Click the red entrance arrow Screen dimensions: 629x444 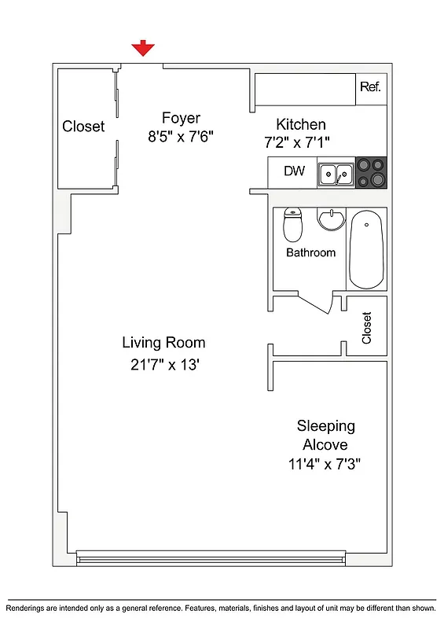coord(142,50)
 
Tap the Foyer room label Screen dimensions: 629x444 coord(181,118)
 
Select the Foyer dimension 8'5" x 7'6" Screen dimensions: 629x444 coord(181,136)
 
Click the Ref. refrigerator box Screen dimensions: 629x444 coord(370,87)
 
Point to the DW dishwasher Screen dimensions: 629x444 coord(294,171)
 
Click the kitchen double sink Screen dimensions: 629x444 coord(336,173)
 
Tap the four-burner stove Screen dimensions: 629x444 coord(371,172)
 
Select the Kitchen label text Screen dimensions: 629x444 coord(300,124)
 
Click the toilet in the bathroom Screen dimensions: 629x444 coord(293,225)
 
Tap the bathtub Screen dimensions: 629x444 coord(367,249)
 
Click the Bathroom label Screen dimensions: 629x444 coord(310,252)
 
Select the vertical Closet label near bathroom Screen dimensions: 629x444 coord(366,328)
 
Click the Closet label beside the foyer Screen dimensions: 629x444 coord(83,127)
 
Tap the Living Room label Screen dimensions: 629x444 coord(163,343)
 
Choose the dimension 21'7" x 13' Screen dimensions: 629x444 coord(163,364)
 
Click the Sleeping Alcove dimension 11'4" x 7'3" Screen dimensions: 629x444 coord(325,464)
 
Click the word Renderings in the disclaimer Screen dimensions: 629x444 coord(30,609)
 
